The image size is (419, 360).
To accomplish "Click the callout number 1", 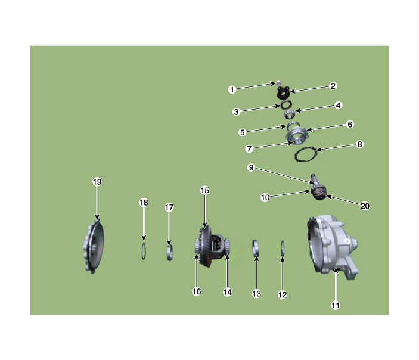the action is pyautogui.click(x=232, y=89).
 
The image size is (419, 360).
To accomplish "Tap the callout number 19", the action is pyautogui.click(x=97, y=182).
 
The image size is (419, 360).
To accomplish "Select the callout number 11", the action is pyautogui.click(x=336, y=305).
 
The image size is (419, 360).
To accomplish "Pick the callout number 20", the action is pyautogui.click(x=365, y=206).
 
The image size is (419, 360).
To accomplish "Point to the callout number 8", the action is pyautogui.click(x=359, y=144).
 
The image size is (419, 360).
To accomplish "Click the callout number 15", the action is pyautogui.click(x=204, y=190).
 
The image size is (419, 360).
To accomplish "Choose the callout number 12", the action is pyautogui.click(x=283, y=294).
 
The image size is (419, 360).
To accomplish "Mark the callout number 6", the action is pyautogui.click(x=350, y=125).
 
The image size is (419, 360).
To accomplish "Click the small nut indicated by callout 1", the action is pyautogui.click(x=278, y=82).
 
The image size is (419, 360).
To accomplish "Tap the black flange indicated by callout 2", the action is pyautogui.click(x=283, y=92).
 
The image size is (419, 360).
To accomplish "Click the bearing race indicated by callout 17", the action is pyautogui.click(x=169, y=253).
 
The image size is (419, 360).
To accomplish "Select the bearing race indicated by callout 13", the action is pyautogui.click(x=256, y=249).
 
